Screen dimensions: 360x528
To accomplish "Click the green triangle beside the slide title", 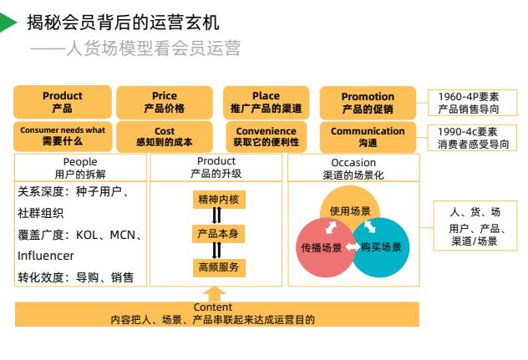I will (8, 23).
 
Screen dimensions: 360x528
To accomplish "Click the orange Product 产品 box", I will (62, 103).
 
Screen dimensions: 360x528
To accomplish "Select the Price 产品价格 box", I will (165, 103).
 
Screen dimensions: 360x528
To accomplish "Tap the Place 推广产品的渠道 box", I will (266, 103).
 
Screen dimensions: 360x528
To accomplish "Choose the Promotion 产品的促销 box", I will (368, 103).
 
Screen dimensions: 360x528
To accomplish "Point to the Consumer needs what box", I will (62, 136).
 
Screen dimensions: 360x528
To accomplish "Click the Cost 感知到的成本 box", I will (165, 136).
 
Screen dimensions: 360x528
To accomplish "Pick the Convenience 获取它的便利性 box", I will (266, 136).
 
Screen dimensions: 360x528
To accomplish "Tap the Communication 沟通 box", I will (368, 136).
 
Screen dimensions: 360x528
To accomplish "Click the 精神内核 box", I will (218, 200).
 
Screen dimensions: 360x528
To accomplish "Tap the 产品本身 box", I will (218, 234).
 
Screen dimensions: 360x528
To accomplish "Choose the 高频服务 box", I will (218, 267).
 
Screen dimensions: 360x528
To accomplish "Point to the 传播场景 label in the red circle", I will (322, 248).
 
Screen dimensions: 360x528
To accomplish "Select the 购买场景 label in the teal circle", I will (381, 248).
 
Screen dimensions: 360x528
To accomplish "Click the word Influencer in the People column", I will (46, 256).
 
